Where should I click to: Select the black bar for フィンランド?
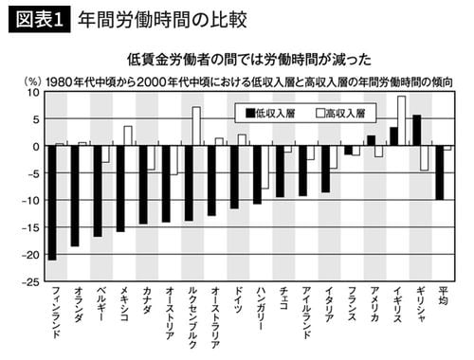tap(52, 203)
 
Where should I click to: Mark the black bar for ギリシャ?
tap(416, 131)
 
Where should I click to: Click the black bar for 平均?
tap(439, 172)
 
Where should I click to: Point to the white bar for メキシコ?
tap(127, 136)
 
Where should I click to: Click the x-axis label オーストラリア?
tap(212, 318)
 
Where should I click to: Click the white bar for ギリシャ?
tap(425, 158)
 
